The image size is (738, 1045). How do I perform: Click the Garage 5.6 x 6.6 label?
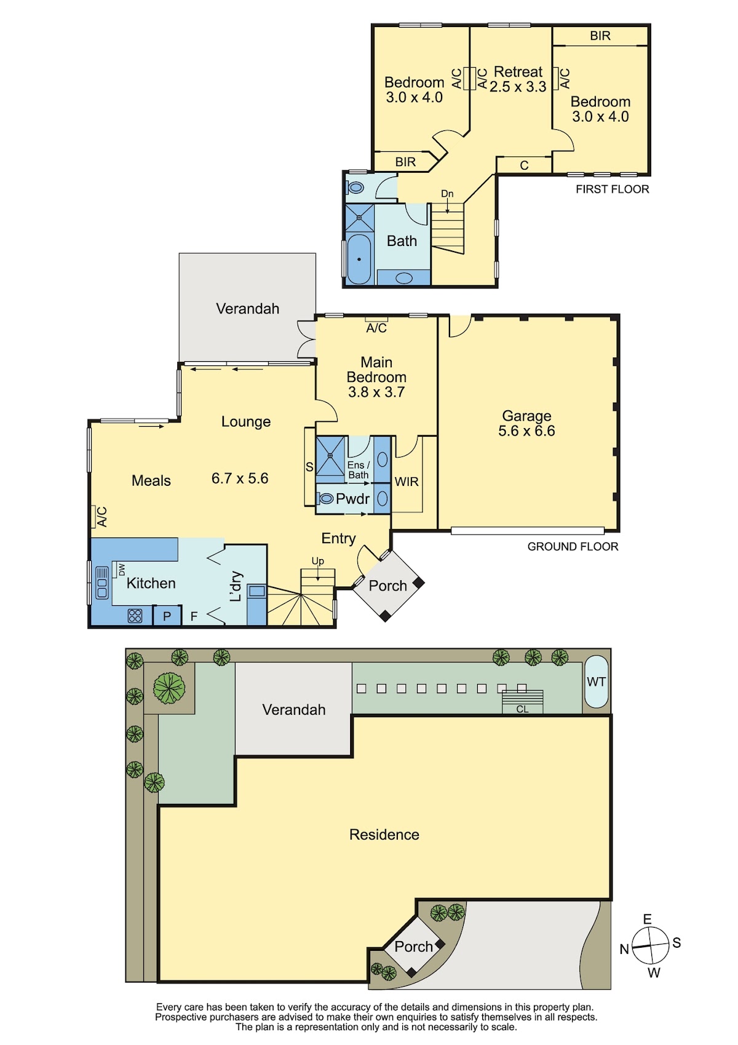coord(526,423)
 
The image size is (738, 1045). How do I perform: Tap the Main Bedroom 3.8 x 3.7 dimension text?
coord(376,392)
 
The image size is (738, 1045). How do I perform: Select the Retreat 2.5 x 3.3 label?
coord(518,79)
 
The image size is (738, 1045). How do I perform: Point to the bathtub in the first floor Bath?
coord(359,259)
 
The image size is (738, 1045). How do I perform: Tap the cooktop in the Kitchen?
coord(135,616)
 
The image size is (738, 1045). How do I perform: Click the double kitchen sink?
coord(101,582)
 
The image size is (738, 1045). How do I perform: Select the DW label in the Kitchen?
coord(122,570)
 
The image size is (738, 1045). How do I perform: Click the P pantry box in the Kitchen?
coord(167,615)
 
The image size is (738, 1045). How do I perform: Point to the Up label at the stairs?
coord(318,561)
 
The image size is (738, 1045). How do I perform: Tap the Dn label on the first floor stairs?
coord(447,194)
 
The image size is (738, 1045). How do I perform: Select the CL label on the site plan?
coord(522,709)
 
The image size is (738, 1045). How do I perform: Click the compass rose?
coord(650,945)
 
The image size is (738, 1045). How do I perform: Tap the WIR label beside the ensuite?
coord(407,482)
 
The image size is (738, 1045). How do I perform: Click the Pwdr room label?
coord(352,499)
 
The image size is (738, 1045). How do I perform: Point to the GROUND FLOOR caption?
coord(573,546)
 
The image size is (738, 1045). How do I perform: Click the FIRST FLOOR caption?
coord(612,189)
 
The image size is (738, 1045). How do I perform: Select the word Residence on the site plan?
coord(384,834)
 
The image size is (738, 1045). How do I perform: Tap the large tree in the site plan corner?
coord(169,687)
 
